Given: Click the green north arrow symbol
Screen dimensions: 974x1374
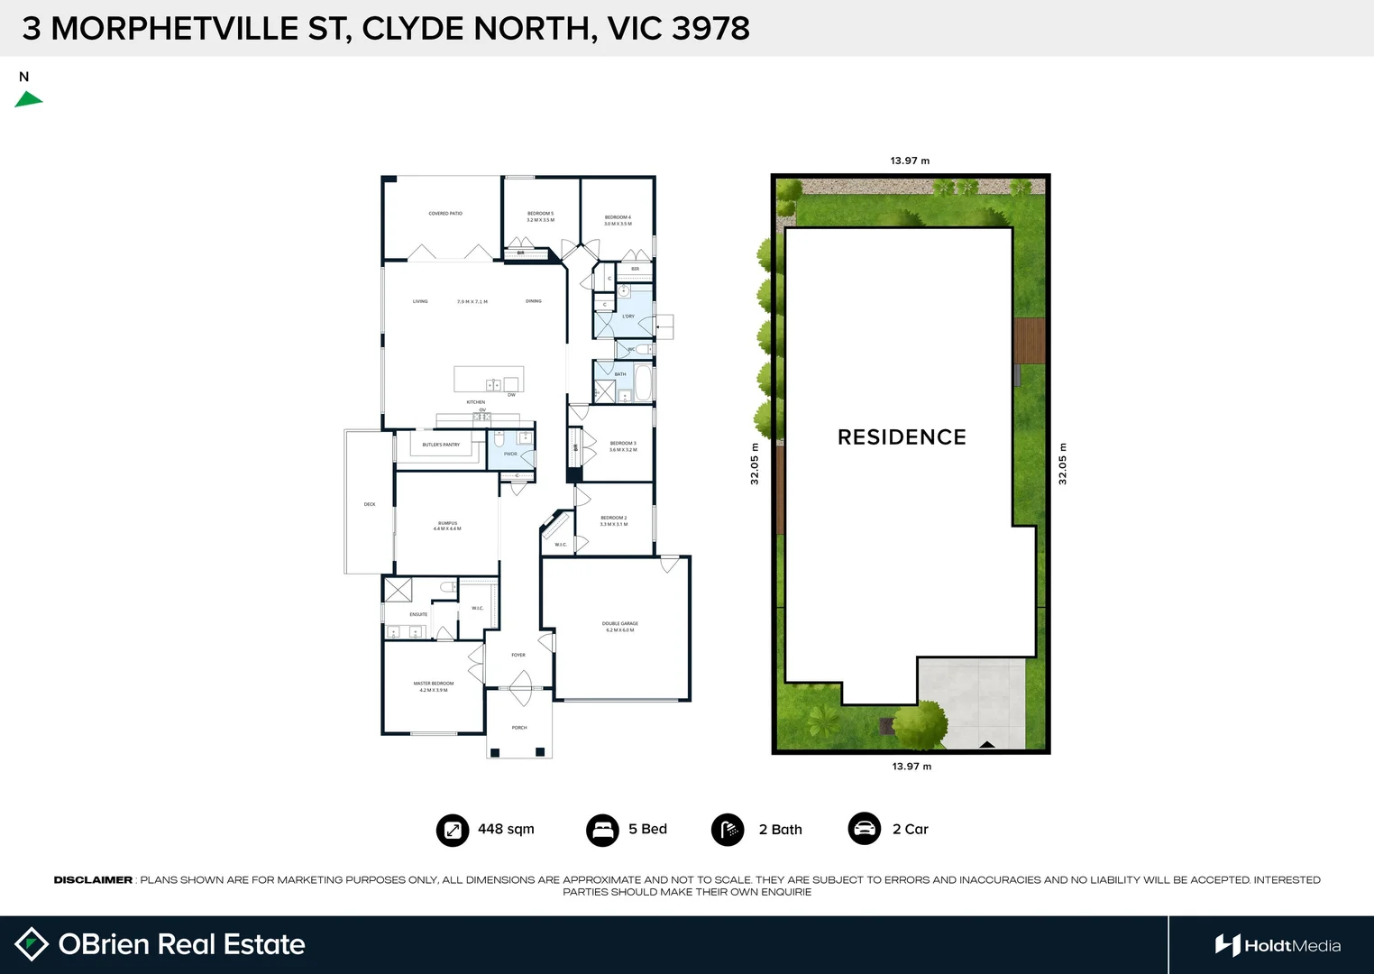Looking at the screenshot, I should pos(28,99).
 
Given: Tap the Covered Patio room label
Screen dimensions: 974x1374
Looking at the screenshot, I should pos(445,214).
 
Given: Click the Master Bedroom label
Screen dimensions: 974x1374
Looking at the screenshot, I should pos(434,686).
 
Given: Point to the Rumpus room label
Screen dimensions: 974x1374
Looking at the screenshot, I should pos(447,526).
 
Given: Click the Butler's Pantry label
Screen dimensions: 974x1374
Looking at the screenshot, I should pos(441,445).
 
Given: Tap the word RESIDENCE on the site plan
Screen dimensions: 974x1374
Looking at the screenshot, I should pos(902,437).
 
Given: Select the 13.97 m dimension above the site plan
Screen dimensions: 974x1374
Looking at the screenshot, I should pos(910,161).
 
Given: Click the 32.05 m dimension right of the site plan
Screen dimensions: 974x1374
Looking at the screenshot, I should pos(1062,464).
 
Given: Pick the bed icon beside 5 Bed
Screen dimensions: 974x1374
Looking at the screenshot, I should pos(602,830).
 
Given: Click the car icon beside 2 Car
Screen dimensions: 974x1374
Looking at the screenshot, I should pos(865,829).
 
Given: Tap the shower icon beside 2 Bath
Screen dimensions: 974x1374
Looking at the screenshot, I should pos(728,830).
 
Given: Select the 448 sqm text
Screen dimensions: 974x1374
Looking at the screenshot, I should pos(506,829).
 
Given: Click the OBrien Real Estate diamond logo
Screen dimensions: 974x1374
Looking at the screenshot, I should pos(32,944).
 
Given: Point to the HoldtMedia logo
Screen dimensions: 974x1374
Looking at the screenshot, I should pos(1278,945).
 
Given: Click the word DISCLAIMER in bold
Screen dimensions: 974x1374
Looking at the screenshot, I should pos(93,880).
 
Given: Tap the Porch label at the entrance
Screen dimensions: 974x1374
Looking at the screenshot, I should pos(519,728).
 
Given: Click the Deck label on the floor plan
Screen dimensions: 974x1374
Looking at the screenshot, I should pos(370,504).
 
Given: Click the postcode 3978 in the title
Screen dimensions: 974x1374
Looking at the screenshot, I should pos(710,29).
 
